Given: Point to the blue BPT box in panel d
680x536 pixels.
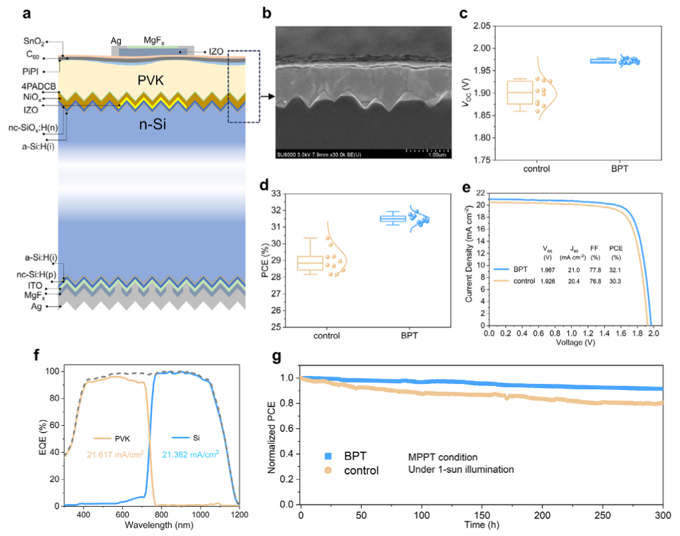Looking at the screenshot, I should point(392,218).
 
